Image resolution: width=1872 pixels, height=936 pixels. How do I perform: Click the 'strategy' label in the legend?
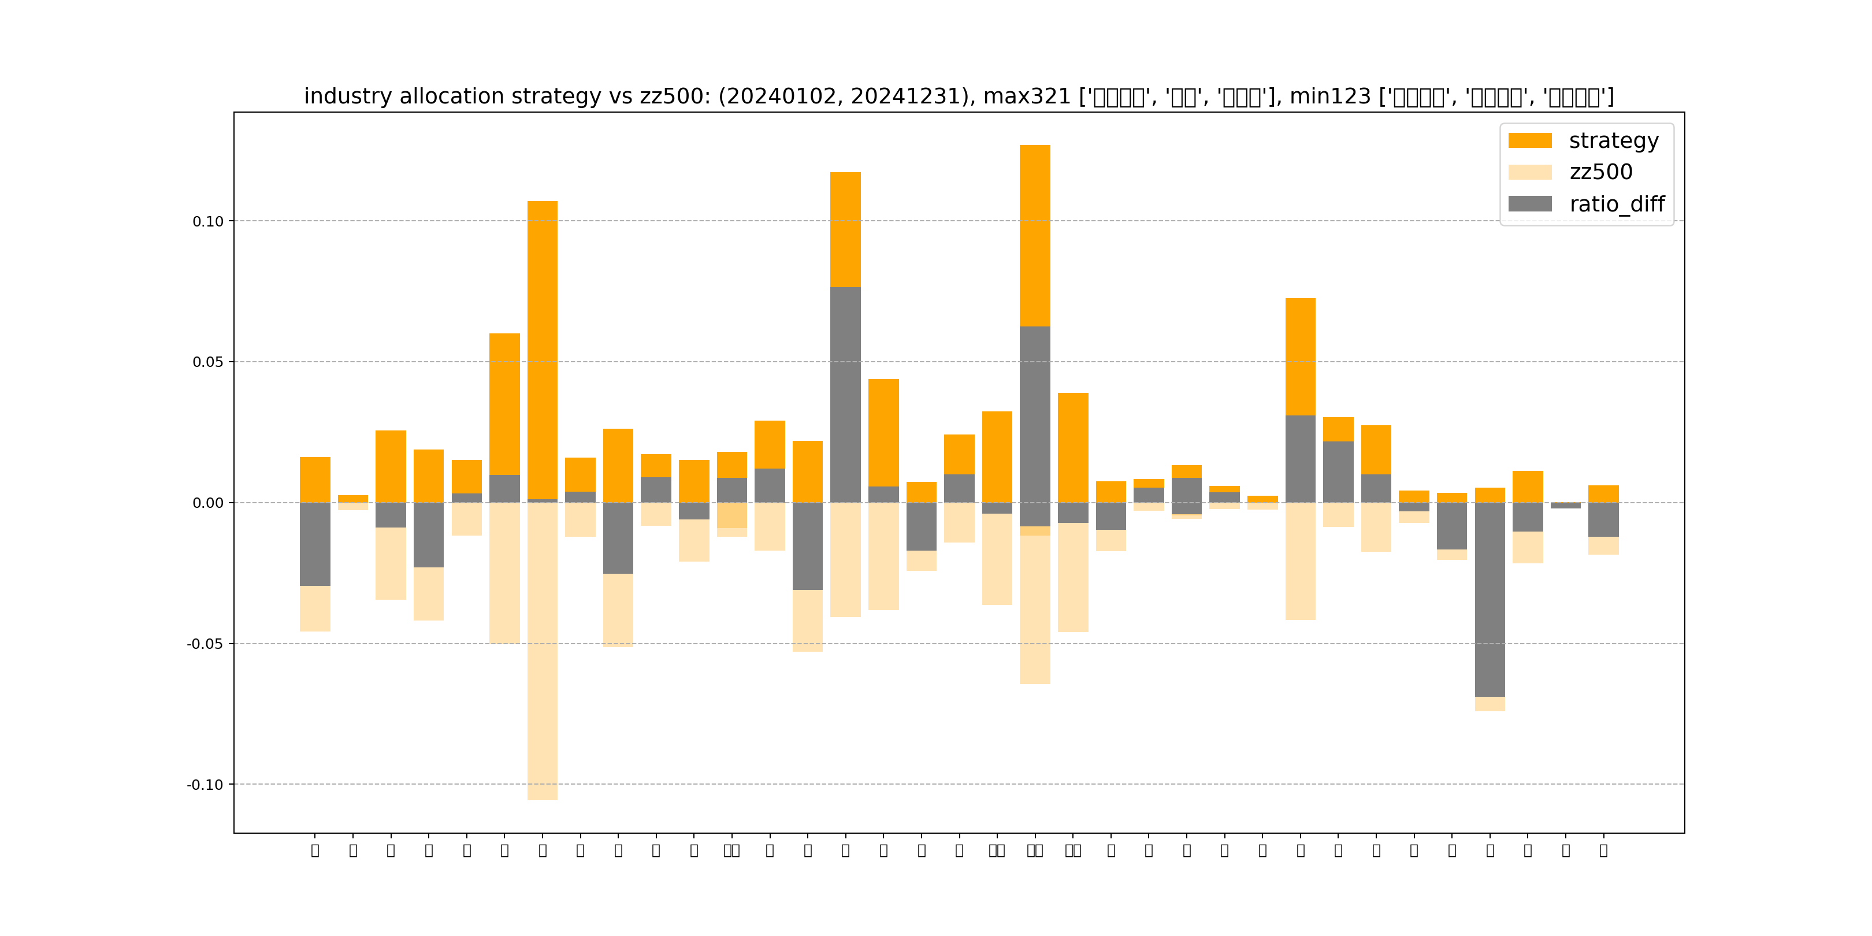(x=1613, y=140)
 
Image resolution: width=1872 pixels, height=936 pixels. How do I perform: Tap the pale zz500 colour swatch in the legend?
(x=1530, y=172)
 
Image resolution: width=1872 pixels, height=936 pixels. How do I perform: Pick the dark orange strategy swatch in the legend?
(x=1530, y=140)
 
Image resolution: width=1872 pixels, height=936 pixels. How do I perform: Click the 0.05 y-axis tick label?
(x=208, y=362)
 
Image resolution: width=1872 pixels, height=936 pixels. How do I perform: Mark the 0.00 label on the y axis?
(x=208, y=503)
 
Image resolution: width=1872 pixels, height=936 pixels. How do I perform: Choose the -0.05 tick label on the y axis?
(x=205, y=644)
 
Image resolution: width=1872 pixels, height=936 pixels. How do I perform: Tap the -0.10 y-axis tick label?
(x=205, y=785)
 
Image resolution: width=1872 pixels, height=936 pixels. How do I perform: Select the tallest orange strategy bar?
(x=1035, y=232)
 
